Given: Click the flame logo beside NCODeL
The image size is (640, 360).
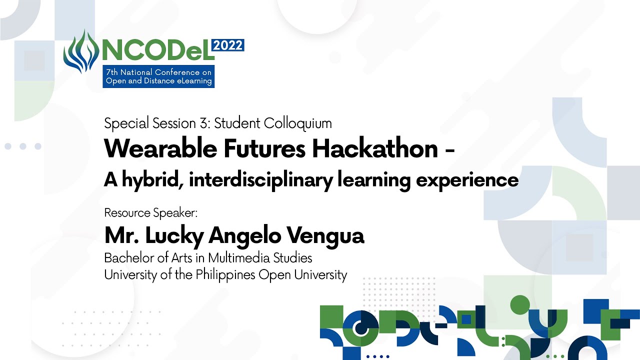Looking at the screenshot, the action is (x=81, y=51).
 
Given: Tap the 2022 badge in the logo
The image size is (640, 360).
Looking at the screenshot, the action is (x=227, y=45).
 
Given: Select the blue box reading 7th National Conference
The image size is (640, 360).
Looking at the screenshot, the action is (x=158, y=76).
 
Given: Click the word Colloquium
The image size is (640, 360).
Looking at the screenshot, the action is (x=297, y=124).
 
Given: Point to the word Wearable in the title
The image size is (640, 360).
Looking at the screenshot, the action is (x=160, y=148).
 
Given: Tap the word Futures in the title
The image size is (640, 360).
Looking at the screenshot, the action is (x=264, y=148).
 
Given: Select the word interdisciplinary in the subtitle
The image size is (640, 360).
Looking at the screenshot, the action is (x=261, y=179).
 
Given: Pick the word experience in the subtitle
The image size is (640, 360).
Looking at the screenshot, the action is (x=467, y=180).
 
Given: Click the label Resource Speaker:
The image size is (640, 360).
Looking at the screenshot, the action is (x=150, y=213).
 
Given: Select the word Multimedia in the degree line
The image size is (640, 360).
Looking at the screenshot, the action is (x=239, y=257).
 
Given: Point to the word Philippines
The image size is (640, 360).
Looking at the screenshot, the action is (x=225, y=275).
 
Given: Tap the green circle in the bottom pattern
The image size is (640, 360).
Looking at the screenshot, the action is (x=520, y=305).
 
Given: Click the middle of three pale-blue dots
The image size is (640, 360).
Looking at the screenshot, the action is (x=23, y=146).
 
